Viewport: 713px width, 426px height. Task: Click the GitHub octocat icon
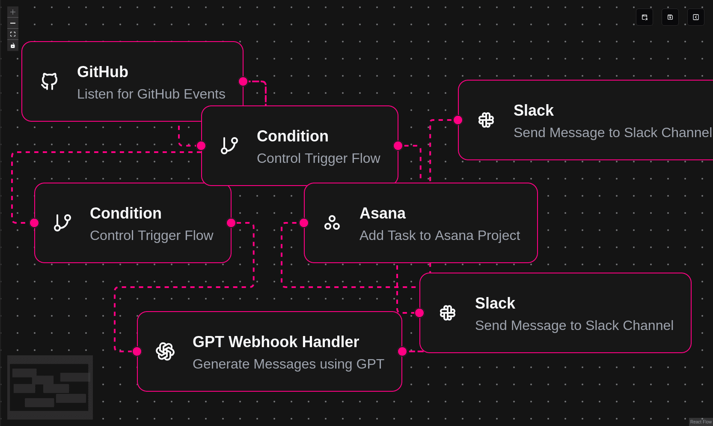coord(50,81)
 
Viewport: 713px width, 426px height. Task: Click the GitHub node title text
coord(103,72)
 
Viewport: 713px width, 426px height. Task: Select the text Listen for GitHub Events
coord(151,94)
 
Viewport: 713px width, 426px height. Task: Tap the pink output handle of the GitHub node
coord(243,81)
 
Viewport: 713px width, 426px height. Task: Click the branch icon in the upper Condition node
coord(229,145)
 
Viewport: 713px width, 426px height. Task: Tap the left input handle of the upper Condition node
coord(201,146)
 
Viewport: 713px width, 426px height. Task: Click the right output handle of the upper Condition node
coord(398,146)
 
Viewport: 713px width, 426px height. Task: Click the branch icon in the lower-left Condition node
coord(62,222)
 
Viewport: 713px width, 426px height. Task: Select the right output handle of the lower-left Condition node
coord(231,223)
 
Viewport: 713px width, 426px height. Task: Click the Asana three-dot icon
coord(332,222)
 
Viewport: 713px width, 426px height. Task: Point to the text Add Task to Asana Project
coord(440,236)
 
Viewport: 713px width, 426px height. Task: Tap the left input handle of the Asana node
coord(304,223)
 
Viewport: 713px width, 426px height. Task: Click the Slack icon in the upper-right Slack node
coord(486,120)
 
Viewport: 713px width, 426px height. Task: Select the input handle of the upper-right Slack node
coord(458,120)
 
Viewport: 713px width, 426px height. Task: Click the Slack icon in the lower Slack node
coord(448,312)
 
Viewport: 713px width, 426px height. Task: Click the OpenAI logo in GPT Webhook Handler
coord(165,351)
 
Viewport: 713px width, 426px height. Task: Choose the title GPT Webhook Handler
coord(276,342)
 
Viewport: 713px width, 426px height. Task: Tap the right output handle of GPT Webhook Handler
coord(402,351)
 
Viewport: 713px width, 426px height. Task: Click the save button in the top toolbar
coord(670,17)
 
